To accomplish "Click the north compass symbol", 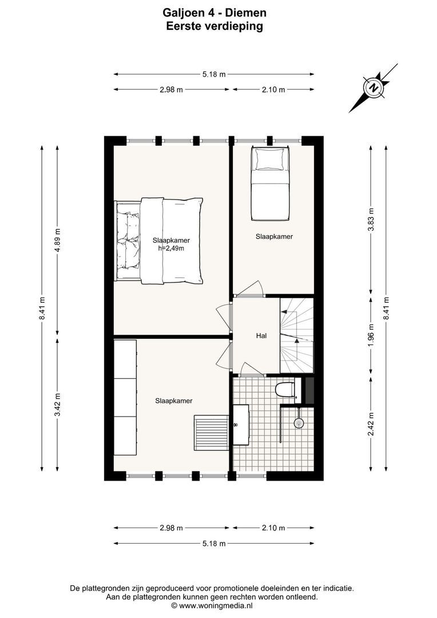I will (x=374, y=88).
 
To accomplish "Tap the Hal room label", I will (x=262, y=336).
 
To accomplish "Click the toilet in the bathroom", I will (x=284, y=390).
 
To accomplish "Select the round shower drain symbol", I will (x=298, y=423).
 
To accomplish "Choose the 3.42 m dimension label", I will (x=57, y=404).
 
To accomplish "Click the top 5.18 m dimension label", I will (x=213, y=74).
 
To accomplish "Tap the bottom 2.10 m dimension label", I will (x=273, y=528).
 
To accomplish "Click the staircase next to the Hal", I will (x=297, y=336).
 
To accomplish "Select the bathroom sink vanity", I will (x=240, y=424).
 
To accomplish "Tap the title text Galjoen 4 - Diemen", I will (x=214, y=13).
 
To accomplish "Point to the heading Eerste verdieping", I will (x=214, y=26).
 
